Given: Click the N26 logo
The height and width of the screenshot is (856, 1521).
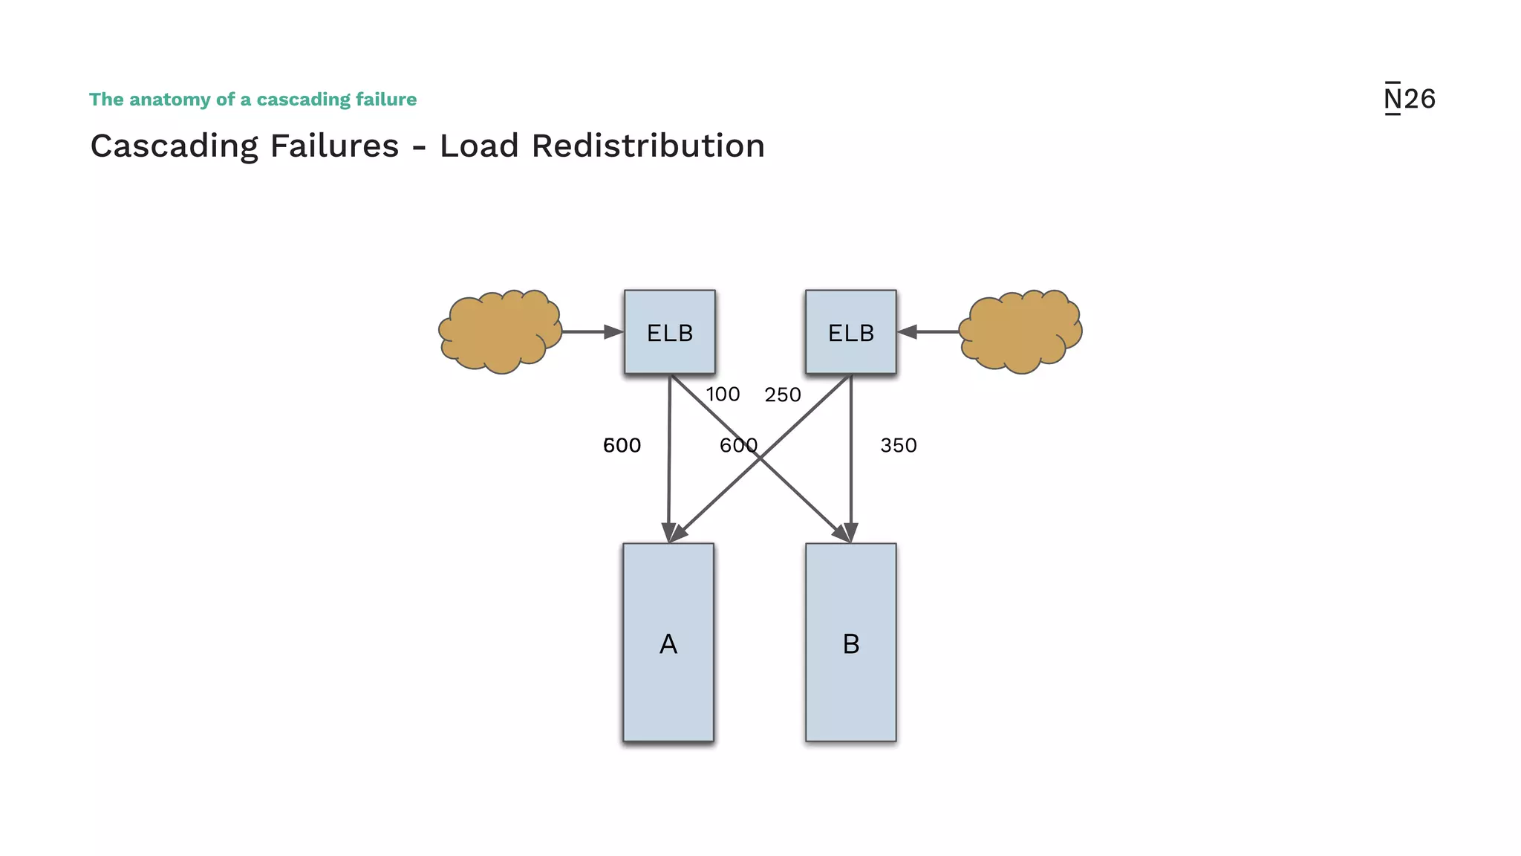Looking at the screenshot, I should (1409, 99).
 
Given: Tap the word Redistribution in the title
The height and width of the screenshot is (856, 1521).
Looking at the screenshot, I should (648, 146).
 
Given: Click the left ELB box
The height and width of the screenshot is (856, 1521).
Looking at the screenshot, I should (670, 332).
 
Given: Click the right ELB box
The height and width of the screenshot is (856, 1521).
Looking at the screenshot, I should (851, 332).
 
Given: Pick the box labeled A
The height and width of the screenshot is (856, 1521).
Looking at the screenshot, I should (668, 643).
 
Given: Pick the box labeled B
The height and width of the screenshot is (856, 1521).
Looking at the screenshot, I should (851, 643).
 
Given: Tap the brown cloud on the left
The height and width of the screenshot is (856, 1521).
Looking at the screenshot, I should (500, 331).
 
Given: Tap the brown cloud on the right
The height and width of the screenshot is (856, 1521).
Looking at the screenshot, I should (1020, 331).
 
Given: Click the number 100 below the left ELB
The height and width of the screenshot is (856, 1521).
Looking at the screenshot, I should (723, 395).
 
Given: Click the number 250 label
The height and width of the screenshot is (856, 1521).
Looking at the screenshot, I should (783, 395).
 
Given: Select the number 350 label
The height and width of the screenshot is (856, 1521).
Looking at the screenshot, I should (899, 446).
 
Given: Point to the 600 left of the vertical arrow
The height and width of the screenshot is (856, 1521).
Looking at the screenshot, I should (622, 446).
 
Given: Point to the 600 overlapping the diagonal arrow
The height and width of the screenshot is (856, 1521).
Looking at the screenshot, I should (738, 446).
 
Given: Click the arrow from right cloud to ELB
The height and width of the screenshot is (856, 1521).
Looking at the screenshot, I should (928, 332).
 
